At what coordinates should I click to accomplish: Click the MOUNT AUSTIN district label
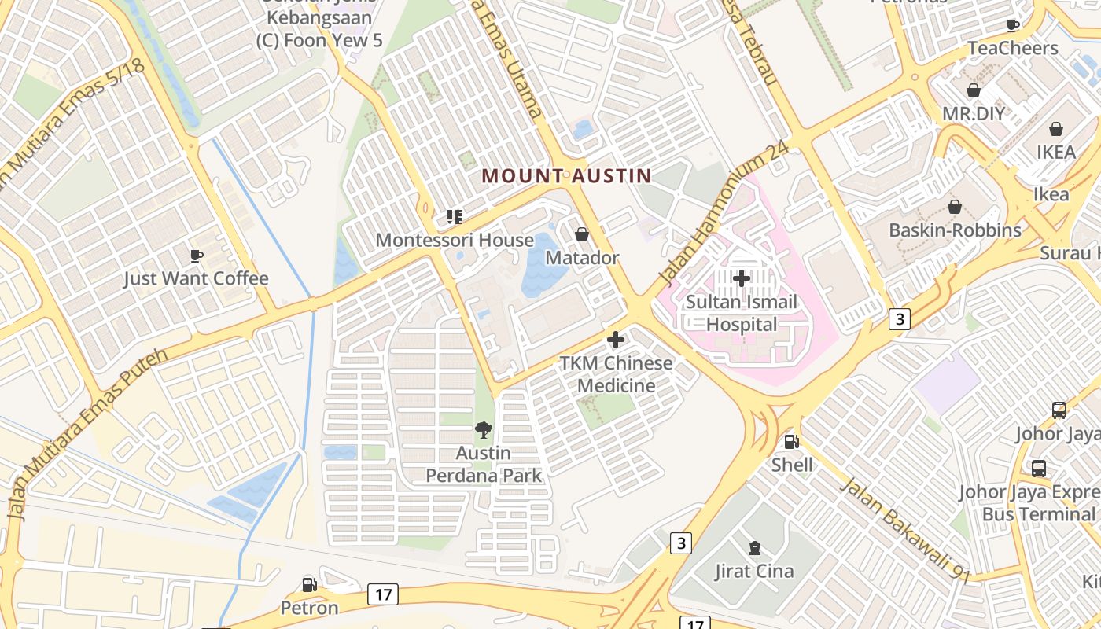tap(566, 176)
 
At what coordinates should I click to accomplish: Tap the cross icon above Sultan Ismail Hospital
tap(741, 278)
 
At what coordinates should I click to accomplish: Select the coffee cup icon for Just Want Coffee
tap(197, 255)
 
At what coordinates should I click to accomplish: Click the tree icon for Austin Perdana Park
tap(484, 429)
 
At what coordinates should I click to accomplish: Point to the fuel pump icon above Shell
tap(791, 442)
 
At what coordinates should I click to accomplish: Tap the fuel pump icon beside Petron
tap(310, 584)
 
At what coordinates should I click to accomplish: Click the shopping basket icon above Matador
tap(582, 234)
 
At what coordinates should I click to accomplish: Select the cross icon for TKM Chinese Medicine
tap(616, 340)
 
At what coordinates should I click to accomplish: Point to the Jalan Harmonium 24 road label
tap(724, 215)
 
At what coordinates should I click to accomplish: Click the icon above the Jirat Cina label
tap(754, 547)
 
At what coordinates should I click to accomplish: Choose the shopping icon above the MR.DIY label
tap(974, 90)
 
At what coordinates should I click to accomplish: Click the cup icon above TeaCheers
tap(1013, 24)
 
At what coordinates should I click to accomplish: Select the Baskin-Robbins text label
tap(955, 230)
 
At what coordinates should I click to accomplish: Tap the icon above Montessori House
tap(454, 216)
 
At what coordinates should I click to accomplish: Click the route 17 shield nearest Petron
tap(383, 594)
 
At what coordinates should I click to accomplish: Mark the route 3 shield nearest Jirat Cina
tap(681, 543)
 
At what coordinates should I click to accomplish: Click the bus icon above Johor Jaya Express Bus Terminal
tap(1038, 469)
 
